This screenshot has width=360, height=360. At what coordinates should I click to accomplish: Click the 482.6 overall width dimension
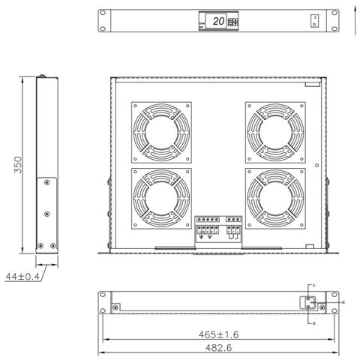[218, 349]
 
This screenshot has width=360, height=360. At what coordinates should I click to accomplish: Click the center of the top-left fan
[161, 132]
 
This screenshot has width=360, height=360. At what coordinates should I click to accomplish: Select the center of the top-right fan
[276, 132]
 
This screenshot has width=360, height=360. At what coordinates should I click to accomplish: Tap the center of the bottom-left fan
[161, 199]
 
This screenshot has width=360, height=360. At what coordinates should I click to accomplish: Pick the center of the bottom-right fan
[276, 199]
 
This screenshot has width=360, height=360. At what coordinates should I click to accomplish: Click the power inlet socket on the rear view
[308, 302]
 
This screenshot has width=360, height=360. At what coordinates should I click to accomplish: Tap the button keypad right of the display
[233, 22]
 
